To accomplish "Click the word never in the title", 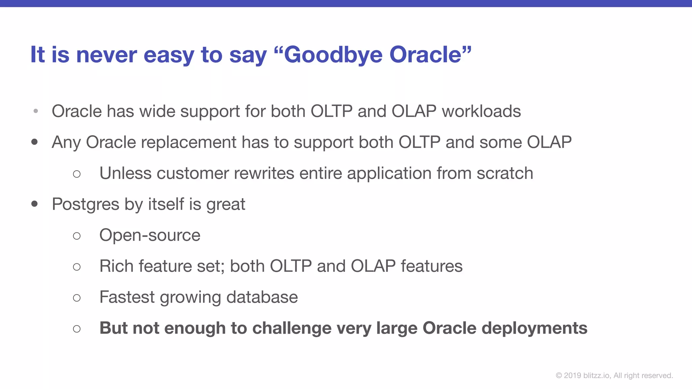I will click(106, 55).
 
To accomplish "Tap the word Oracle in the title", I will click(426, 55).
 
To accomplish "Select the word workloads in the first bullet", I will click(481, 111).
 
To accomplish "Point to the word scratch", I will click(505, 173).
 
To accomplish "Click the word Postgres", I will click(85, 204).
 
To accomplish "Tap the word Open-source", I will click(150, 235).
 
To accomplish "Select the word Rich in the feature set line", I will click(116, 266).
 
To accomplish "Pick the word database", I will click(262, 297).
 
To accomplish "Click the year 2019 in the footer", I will click(572, 375).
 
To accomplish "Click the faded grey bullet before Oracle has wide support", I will click(36, 111).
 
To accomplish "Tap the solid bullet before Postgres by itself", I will click(34, 204).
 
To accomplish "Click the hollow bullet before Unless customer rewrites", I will click(77, 174).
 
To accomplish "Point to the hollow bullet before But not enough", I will click(77, 329).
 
